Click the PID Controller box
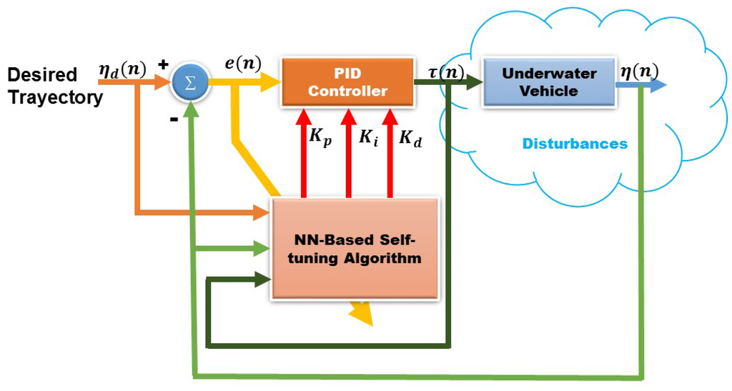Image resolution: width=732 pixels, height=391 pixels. point(348,83)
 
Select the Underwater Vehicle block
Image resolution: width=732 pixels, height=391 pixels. point(549,83)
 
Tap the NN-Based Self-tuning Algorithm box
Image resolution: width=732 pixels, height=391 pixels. point(355,249)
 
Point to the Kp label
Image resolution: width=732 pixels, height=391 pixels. point(321,137)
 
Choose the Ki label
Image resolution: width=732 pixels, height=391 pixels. point(368,137)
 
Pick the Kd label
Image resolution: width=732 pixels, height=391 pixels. point(410,138)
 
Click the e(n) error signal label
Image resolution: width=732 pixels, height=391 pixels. point(243,64)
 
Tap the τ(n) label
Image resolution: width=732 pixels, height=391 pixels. point(446,72)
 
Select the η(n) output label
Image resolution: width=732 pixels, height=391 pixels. point(639,71)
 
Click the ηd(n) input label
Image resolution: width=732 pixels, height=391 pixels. point(123,70)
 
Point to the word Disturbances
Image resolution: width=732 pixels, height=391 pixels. point(575,143)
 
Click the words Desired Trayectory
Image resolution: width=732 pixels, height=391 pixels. point(56,86)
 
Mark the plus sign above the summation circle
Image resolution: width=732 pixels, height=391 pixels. point(163,64)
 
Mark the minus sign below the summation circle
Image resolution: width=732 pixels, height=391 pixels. point(174,119)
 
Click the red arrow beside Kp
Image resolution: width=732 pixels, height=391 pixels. point(304,153)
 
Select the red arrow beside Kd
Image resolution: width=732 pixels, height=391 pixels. point(390,153)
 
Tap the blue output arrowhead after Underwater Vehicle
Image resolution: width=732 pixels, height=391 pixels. point(657,85)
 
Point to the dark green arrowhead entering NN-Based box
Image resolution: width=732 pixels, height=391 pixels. point(263,280)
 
